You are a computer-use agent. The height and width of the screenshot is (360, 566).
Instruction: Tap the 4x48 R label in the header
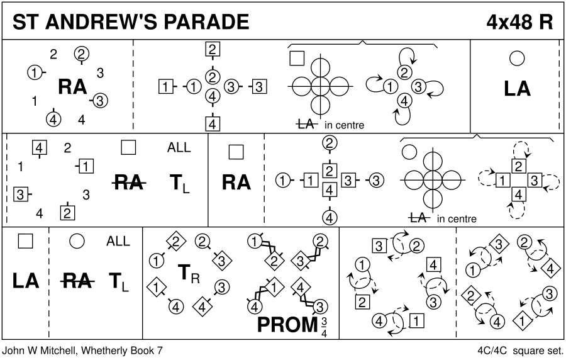coord(519,23)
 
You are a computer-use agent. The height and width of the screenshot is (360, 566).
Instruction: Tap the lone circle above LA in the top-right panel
coord(517,59)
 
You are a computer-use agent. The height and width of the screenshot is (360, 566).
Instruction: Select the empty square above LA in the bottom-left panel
coord(25,240)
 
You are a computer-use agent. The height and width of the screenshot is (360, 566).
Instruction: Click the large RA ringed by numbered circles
coord(72,87)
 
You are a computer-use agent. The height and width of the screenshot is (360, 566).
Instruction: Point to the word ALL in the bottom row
coord(118,241)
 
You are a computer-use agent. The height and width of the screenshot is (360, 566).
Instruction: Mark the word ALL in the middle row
coord(179,148)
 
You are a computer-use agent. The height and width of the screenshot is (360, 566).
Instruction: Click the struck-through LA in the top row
coord(306,125)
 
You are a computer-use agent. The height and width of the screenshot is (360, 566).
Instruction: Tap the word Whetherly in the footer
coord(113,350)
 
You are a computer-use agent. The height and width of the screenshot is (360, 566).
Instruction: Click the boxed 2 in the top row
coord(213,50)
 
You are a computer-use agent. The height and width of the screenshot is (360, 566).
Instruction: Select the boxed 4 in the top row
coord(213,124)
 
